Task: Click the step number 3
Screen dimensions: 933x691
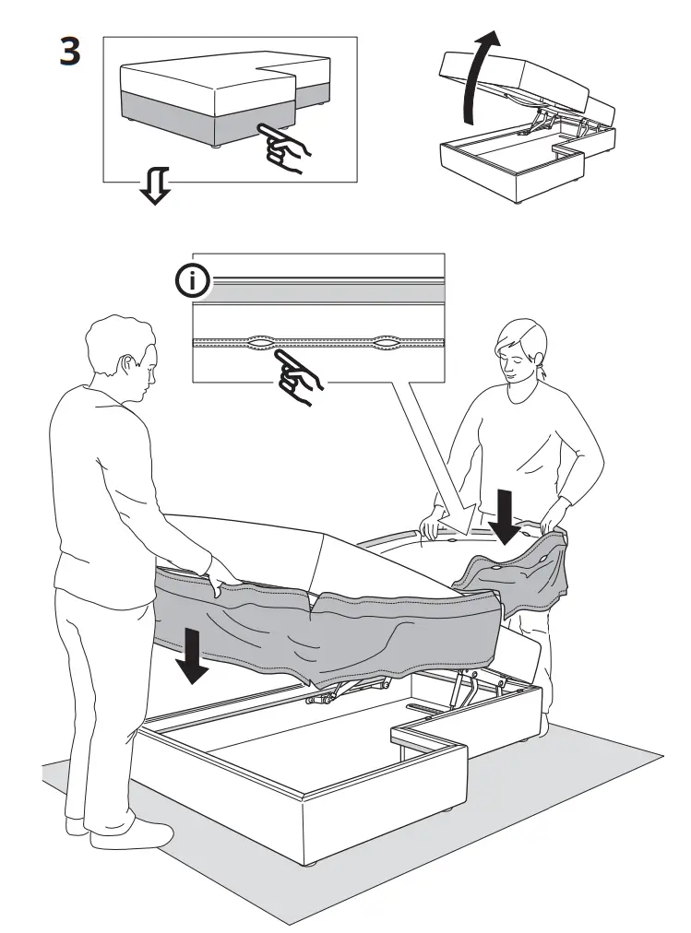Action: [x=69, y=52]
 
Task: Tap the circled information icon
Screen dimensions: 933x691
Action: [x=192, y=282]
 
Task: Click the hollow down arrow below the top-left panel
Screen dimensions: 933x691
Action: [x=153, y=187]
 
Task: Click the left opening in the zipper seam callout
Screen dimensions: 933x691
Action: [x=260, y=343]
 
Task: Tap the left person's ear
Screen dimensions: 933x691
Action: [x=126, y=366]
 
